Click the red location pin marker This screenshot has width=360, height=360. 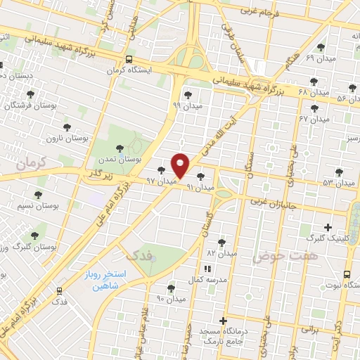(x=181, y=165)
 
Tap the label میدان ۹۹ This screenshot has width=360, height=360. (x=186, y=105)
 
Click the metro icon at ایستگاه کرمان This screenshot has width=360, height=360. (x=128, y=60)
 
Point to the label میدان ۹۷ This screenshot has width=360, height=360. (x=160, y=181)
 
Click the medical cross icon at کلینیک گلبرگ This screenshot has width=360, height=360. (x=328, y=227)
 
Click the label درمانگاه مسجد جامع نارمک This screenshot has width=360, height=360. (x=224, y=334)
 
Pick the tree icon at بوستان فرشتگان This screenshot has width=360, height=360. (x=30, y=94)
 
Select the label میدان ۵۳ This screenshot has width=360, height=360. (x=339, y=182)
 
